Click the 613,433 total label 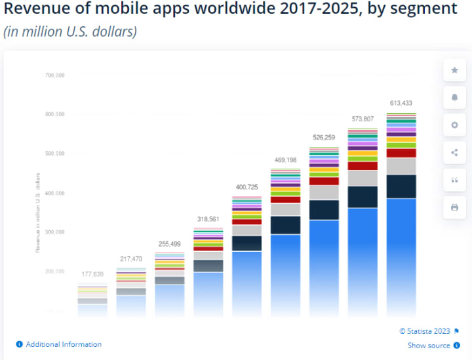pyautogui.click(x=401, y=104)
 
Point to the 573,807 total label pyautogui.click(x=362, y=119)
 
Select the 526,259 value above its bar pyautogui.click(x=323, y=138)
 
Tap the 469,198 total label pyautogui.click(x=285, y=160)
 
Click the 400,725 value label pyautogui.click(x=246, y=187)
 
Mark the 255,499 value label pyautogui.click(x=168, y=244)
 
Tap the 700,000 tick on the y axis pyautogui.click(x=54, y=75)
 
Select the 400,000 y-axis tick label pyautogui.click(x=54, y=193)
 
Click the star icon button pyautogui.click(x=454, y=70)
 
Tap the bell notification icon pyautogui.click(x=454, y=98)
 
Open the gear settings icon pyautogui.click(x=454, y=125)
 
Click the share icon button pyautogui.click(x=454, y=153)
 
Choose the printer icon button pyautogui.click(x=454, y=208)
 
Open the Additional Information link pyautogui.click(x=64, y=344)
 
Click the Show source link pyautogui.click(x=429, y=346)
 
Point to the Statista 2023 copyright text pyautogui.click(x=424, y=331)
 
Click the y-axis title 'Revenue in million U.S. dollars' pyautogui.click(x=38, y=212)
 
